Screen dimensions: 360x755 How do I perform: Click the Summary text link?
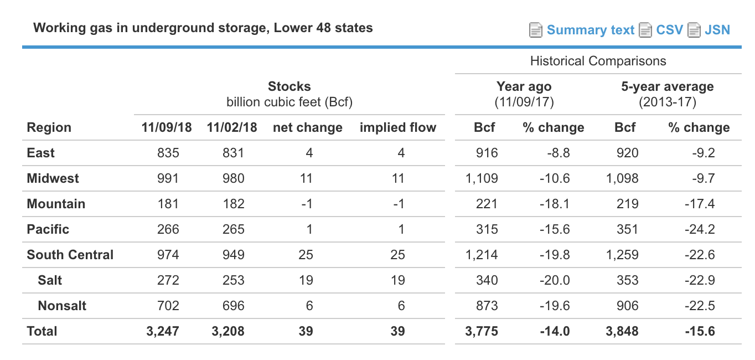point(590,30)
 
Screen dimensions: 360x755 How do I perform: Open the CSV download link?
point(669,30)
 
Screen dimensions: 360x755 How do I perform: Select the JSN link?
point(717,30)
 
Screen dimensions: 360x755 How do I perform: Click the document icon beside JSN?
point(694,30)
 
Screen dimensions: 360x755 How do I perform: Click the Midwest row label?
point(53,178)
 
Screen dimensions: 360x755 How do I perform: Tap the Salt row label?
point(50,280)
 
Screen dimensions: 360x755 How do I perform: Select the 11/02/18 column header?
point(232,127)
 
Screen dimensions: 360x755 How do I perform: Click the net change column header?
point(308,127)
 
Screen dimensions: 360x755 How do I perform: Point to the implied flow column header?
point(398,127)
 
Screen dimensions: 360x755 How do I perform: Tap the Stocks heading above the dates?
point(289,86)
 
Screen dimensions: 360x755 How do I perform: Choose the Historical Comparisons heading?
point(598,60)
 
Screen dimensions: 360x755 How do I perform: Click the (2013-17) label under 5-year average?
point(667,102)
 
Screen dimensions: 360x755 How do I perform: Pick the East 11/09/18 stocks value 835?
point(168,153)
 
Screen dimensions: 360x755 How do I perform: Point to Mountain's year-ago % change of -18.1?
point(555,204)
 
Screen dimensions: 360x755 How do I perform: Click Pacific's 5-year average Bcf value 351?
point(627,229)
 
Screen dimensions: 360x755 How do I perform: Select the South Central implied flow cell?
point(397,255)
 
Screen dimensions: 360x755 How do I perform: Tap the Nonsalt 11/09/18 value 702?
point(168,306)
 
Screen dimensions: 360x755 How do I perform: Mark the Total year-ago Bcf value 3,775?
point(482,331)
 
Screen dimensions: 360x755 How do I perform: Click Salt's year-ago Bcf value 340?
point(487,280)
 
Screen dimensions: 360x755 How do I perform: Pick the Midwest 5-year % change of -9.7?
point(703,178)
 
